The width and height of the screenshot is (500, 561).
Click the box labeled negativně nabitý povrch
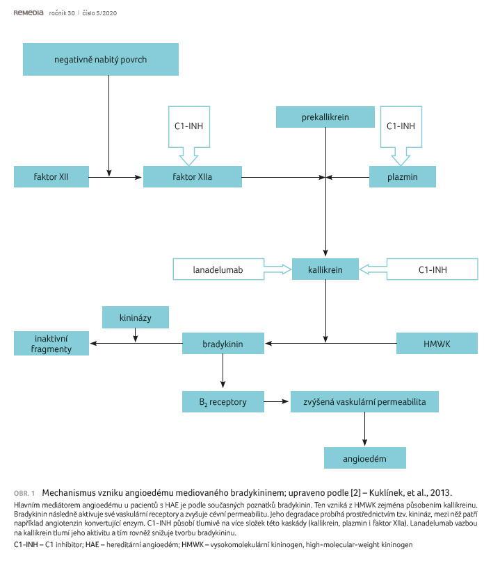pyautogui.click(x=101, y=60)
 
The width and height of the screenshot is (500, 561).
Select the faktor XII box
pyautogui.click(x=51, y=177)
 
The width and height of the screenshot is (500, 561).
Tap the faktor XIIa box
pyautogui.click(x=193, y=177)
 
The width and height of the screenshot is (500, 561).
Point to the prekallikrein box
pyautogui.click(x=325, y=117)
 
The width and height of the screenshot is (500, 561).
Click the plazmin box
pyautogui.click(x=403, y=177)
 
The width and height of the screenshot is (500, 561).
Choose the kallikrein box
pyautogui.click(x=325, y=269)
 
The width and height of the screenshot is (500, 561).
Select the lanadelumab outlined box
pyautogui.click(x=218, y=269)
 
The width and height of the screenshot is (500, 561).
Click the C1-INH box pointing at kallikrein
pyautogui.click(x=433, y=269)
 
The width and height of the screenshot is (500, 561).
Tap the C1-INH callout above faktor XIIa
pyautogui.click(x=189, y=126)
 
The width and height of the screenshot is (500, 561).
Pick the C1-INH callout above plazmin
pyautogui.click(x=401, y=126)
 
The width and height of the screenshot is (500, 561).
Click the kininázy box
pyautogui.click(x=136, y=317)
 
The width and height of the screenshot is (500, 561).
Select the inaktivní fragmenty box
pyautogui.click(x=51, y=344)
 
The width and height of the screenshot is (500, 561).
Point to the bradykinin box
pyautogui.click(x=223, y=344)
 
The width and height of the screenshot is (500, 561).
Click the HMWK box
pyautogui.click(x=437, y=344)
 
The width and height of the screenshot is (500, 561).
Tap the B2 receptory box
pyautogui.click(x=223, y=402)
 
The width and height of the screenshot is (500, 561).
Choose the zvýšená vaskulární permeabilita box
pyautogui.click(x=364, y=402)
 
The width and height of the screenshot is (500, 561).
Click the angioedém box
pyautogui.click(x=365, y=458)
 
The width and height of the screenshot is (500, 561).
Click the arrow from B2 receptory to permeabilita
pyautogui.click(x=276, y=402)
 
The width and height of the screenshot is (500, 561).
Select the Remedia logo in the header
pyautogui.click(x=29, y=13)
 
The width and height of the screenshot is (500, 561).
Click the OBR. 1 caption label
pyautogui.click(x=24, y=494)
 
